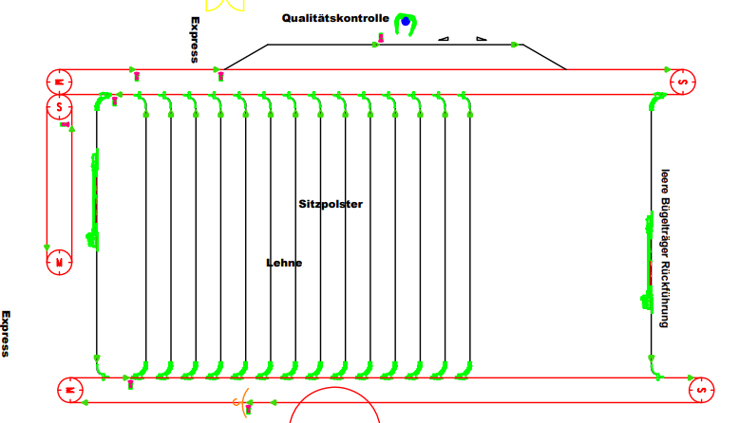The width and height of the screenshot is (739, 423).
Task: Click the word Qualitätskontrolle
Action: pyautogui.click(x=335, y=18)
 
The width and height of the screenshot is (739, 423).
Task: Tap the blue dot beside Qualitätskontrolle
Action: pyautogui.click(x=406, y=21)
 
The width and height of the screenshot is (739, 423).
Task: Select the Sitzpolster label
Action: pyautogui.click(x=331, y=204)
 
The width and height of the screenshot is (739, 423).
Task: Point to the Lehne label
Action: pyautogui.click(x=284, y=263)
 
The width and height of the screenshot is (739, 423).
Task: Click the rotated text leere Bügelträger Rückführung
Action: pyautogui.click(x=665, y=248)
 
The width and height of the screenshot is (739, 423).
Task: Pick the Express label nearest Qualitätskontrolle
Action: pyautogui.click(x=195, y=40)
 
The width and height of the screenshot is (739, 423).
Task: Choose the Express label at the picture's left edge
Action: pyautogui.click(x=5, y=334)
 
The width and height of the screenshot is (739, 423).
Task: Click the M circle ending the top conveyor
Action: pyautogui.click(x=60, y=82)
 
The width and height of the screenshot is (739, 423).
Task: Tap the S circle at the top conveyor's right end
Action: pyautogui.click(x=682, y=82)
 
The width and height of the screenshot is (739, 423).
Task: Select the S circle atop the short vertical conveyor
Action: pyautogui.click(x=60, y=107)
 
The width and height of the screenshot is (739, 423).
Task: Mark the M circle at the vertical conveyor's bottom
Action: pyautogui.click(x=60, y=262)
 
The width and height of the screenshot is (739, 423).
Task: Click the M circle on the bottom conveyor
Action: pyautogui.click(x=70, y=390)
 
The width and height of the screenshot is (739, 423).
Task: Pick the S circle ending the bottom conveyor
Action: pyautogui.click(x=701, y=390)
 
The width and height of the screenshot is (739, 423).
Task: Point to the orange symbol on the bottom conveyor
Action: pyautogui.click(x=241, y=402)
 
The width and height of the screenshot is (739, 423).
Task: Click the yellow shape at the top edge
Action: pyautogui.click(x=225, y=5)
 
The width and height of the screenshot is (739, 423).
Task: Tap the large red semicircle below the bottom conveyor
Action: pyautogui.click(x=334, y=387)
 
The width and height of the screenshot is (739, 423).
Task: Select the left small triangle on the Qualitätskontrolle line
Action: pyautogui.click(x=444, y=39)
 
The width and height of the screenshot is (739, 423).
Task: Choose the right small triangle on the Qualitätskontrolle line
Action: pyautogui.click(x=482, y=39)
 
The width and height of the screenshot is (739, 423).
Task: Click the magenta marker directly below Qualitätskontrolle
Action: pyautogui.click(x=381, y=38)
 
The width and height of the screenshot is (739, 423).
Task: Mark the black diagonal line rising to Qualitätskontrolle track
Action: pyautogui.click(x=246, y=57)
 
